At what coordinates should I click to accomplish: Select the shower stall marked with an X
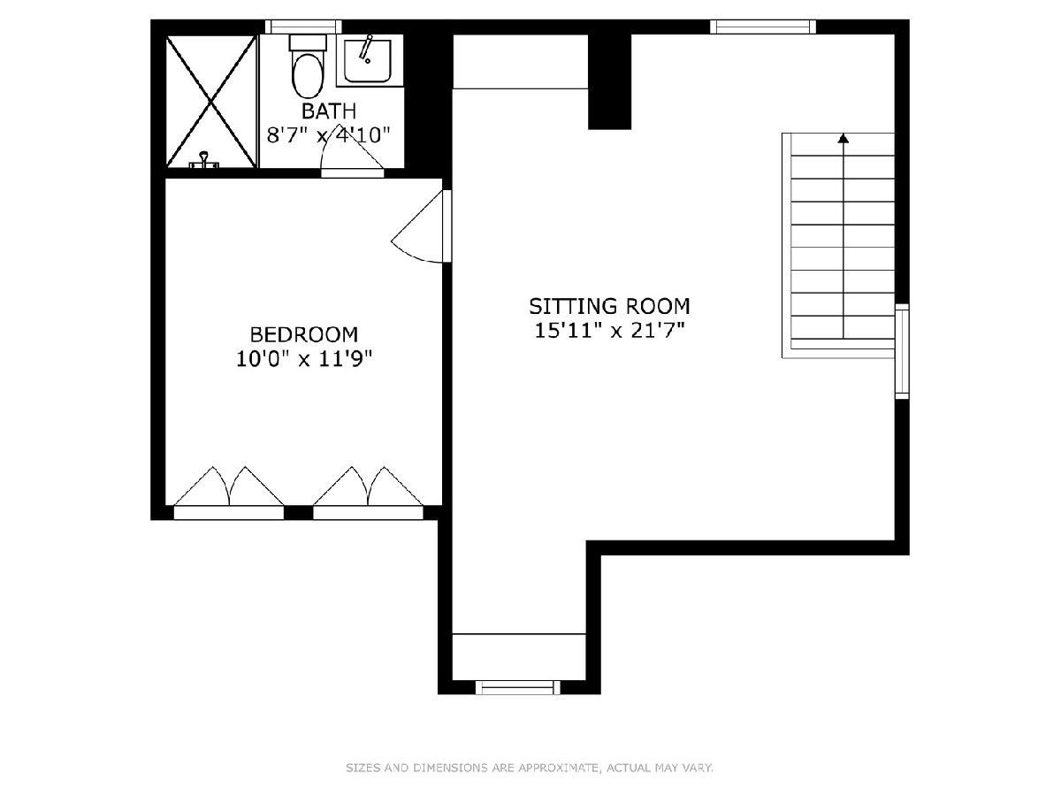210,101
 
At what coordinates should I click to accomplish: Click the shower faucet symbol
204,160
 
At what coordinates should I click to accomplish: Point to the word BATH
329,111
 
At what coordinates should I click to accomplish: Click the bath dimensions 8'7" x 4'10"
329,135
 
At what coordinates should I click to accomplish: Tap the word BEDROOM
303,334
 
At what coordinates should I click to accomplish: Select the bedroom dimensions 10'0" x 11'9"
304,359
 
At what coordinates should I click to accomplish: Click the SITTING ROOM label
609,306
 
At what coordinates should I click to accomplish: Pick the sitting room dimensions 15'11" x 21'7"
609,331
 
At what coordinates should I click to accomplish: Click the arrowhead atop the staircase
843,138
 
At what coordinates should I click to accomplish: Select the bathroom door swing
353,154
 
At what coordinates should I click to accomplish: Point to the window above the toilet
303,27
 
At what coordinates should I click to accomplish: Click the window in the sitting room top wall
763,27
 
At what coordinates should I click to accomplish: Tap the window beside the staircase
902,351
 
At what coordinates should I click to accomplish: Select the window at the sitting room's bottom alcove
518,687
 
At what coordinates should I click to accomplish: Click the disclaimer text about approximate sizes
530,768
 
